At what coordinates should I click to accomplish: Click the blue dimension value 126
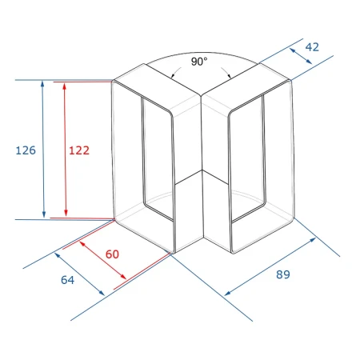[x=26, y=150]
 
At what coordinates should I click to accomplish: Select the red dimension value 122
[x=79, y=150]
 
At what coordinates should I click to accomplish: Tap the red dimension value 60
[x=112, y=254]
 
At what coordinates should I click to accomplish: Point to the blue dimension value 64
[x=68, y=280]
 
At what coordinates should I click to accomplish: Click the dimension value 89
[x=283, y=274]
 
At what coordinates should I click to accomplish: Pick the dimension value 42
[x=312, y=47]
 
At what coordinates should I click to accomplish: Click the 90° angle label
[x=199, y=62]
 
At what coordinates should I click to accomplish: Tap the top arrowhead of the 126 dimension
[x=42, y=83]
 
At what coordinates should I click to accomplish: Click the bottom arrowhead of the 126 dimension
[x=44, y=214]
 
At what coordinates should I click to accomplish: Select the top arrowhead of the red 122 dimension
[x=64, y=86]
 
